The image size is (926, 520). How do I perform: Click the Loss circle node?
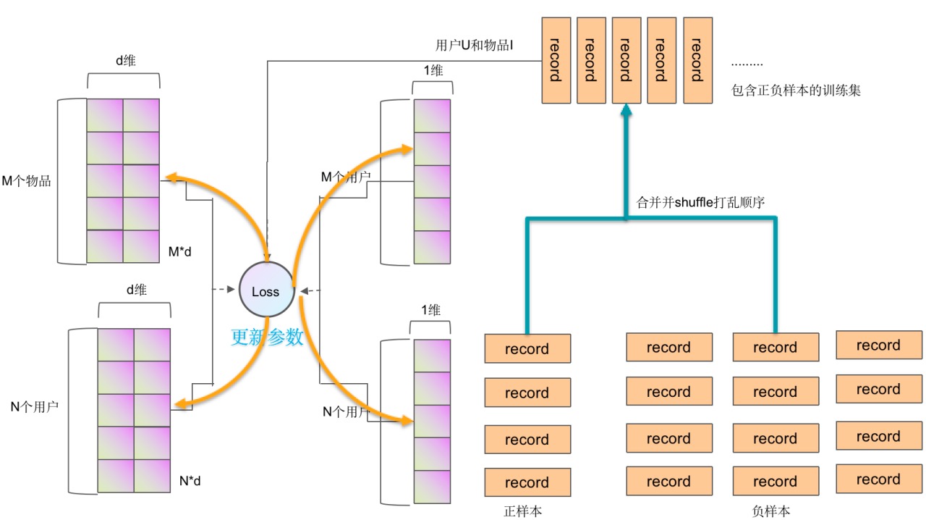click(x=266, y=291)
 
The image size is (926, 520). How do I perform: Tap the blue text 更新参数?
click(x=267, y=337)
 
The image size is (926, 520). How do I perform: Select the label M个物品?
click(x=27, y=181)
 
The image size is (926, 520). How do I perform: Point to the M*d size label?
click(x=183, y=252)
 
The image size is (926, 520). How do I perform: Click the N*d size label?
click(x=193, y=479)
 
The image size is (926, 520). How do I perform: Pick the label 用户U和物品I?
click(x=474, y=46)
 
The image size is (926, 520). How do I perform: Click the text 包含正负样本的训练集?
click(x=796, y=91)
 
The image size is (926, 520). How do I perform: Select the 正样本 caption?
click(x=523, y=511)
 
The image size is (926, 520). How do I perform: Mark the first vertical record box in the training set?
click(x=556, y=59)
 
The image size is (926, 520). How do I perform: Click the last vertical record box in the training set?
click(x=697, y=59)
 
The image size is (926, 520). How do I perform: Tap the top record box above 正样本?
click(x=527, y=348)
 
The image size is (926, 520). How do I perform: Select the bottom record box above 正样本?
click(x=527, y=482)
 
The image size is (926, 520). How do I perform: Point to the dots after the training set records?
click(x=747, y=64)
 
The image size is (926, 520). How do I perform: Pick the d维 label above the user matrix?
click(x=136, y=290)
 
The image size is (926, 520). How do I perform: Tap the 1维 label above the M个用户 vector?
click(x=432, y=70)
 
